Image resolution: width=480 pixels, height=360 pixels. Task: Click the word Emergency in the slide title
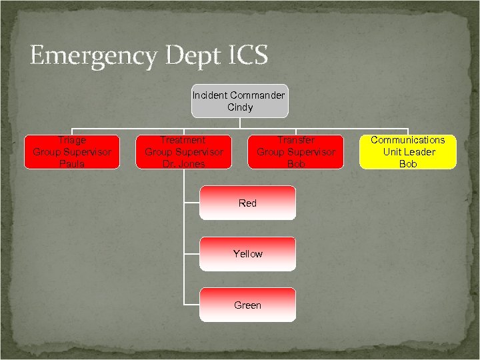[x=91, y=55]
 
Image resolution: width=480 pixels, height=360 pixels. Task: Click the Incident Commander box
[x=239, y=101]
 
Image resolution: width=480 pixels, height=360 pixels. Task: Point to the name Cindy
[x=240, y=107]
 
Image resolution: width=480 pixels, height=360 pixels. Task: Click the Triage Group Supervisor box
[x=72, y=152]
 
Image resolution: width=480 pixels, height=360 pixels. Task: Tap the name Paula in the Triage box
[x=72, y=163]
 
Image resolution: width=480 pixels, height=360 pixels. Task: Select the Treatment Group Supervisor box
[x=183, y=152]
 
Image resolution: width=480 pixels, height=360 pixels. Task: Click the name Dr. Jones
[x=183, y=163]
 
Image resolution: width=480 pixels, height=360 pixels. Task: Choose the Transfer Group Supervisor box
[x=296, y=152]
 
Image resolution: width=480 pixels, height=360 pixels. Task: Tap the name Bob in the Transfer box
[x=296, y=163]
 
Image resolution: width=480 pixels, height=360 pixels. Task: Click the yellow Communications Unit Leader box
[x=408, y=152]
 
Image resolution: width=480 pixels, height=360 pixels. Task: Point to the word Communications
[x=408, y=140]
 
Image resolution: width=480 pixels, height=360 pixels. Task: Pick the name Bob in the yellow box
[x=408, y=163]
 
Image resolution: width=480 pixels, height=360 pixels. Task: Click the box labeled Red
[x=247, y=203]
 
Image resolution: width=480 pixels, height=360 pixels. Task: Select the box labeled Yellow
[x=247, y=254]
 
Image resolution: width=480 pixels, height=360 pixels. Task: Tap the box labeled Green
[x=247, y=305]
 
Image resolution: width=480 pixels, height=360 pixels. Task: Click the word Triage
[x=72, y=140]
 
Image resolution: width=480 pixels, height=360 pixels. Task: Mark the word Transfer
[x=296, y=140]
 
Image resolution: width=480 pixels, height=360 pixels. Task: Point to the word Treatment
[x=183, y=140]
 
